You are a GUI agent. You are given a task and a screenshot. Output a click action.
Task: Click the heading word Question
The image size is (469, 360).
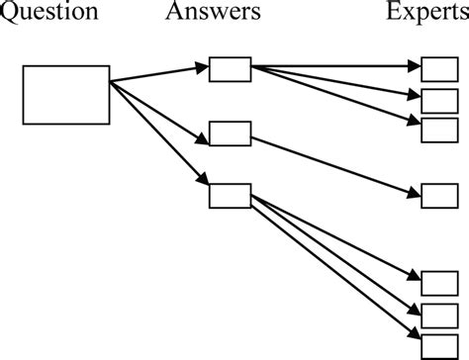click(x=49, y=13)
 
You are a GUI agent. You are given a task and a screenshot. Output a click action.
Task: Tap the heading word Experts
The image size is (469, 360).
click(x=422, y=13)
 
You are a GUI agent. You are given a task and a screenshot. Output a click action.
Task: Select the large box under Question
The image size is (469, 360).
click(x=66, y=95)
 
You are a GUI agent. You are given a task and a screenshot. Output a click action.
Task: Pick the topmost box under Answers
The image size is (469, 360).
click(x=230, y=69)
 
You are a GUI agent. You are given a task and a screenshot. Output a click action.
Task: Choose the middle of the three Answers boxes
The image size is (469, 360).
click(x=230, y=133)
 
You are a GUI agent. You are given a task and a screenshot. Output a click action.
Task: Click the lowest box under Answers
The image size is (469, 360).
click(x=230, y=195)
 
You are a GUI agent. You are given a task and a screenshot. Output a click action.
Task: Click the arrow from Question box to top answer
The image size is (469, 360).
click(x=158, y=75)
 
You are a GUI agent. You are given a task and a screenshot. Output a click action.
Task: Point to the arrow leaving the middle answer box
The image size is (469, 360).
click(x=336, y=164)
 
